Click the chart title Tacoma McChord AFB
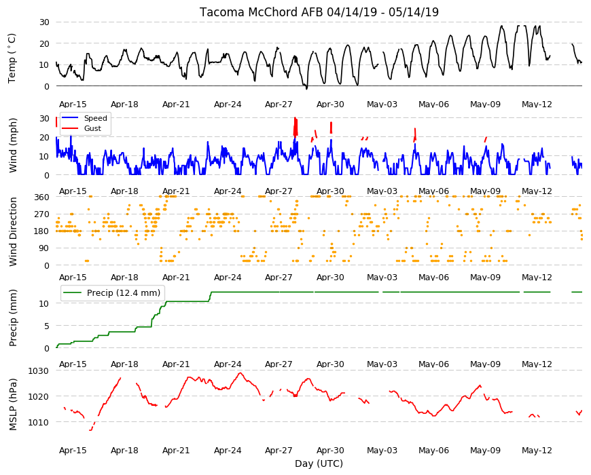tap(262, 12)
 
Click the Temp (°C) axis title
tap(12, 58)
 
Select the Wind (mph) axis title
tap(13, 146)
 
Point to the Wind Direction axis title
tap(13, 232)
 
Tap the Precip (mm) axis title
tap(13, 318)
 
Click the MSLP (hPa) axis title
tap(13, 404)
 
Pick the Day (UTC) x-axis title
tap(319, 463)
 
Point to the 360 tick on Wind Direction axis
tap(42, 197)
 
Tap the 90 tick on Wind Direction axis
tap(44, 248)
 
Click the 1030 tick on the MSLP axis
tap(39, 371)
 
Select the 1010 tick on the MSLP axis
tap(39, 422)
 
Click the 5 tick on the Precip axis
tap(47, 326)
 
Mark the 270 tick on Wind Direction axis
tap(42, 214)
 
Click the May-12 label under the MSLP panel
tap(537, 451)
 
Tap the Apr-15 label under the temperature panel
tap(73, 104)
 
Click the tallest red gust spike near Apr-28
tap(295, 126)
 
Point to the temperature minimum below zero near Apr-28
tap(306, 89)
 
